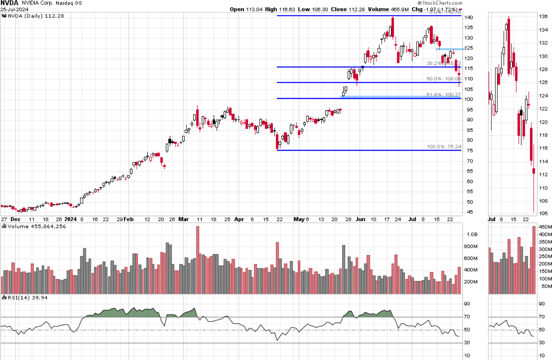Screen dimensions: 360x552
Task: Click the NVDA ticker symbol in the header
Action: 10,3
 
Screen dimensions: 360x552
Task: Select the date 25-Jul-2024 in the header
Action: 14,9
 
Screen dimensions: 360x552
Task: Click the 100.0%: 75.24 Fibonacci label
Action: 444,147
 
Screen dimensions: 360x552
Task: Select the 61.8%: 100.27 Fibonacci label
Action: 443,95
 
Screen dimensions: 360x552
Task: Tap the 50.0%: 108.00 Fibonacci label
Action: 443,79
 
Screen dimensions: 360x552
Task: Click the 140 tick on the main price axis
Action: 468,18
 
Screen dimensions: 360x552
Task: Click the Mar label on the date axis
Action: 183,219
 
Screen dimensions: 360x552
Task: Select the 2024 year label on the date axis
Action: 71,219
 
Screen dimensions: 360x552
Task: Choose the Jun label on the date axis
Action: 360,219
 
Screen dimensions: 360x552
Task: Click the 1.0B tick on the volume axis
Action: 472,234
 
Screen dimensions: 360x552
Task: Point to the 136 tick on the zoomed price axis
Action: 543,17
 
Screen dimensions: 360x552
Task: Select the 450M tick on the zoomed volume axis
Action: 545,227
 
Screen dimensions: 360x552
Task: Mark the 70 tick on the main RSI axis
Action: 467,317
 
